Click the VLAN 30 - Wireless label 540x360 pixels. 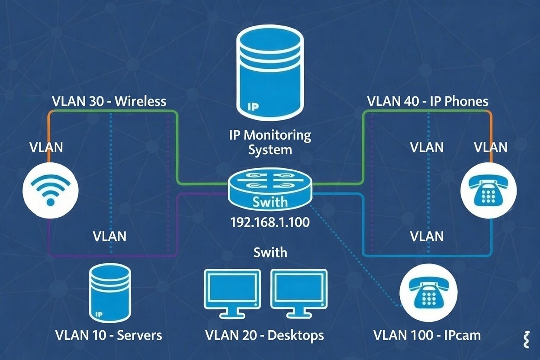tap(109, 101)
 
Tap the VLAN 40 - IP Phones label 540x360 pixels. tap(427, 101)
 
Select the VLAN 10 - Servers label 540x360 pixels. tap(109, 335)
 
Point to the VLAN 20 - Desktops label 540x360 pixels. tap(264, 335)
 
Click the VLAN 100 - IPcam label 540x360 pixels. tap(427, 335)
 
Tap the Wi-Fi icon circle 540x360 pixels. tap(51, 190)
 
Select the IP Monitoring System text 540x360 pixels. tap(270, 142)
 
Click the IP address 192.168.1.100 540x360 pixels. tap(270, 222)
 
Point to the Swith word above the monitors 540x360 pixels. tap(270, 252)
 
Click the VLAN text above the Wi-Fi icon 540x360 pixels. tap(46, 147)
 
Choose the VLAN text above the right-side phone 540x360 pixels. tap(491, 147)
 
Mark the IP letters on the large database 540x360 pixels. tap(253, 105)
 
